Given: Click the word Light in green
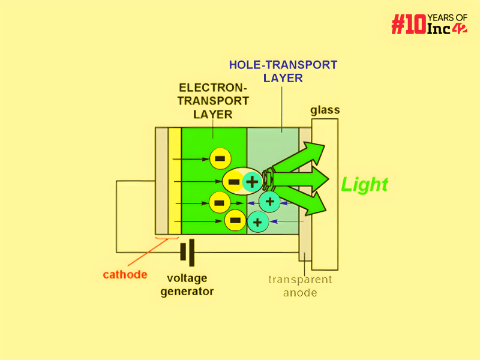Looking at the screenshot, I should point(364,184).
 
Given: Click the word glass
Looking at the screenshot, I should point(325,110).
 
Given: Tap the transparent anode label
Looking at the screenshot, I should point(299,286).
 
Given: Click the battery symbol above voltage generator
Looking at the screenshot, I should point(187,253).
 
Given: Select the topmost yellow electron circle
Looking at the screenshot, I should point(220,158).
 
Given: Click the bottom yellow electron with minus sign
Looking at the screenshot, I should point(235,221).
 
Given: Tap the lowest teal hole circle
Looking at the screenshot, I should point(257,221).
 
